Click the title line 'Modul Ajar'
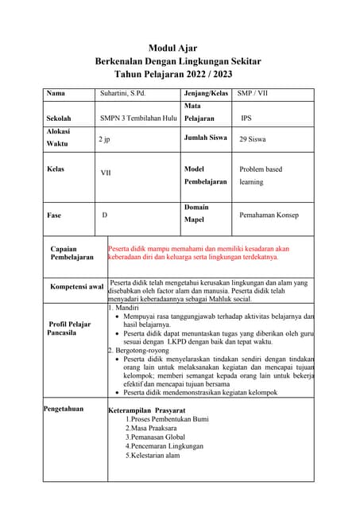(x=172, y=49)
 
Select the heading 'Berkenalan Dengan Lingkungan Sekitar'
(x=177, y=61)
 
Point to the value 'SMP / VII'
(x=253, y=94)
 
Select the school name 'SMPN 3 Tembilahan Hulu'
(x=138, y=118)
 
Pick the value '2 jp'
(x=104, y=139)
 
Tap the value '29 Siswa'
(x=253, y=139)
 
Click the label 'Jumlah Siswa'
(x=205, y=138)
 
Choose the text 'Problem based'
(x=261, y=169)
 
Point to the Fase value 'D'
(x=104, y=216)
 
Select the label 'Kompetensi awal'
(x=76, y=287)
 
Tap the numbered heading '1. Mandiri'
(x=124, y=306)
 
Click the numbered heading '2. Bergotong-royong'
(x=141, y=350)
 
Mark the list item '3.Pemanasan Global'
(x=155, y=437)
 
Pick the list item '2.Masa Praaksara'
(x=152, y=428)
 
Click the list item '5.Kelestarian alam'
(x=153, y=456)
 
